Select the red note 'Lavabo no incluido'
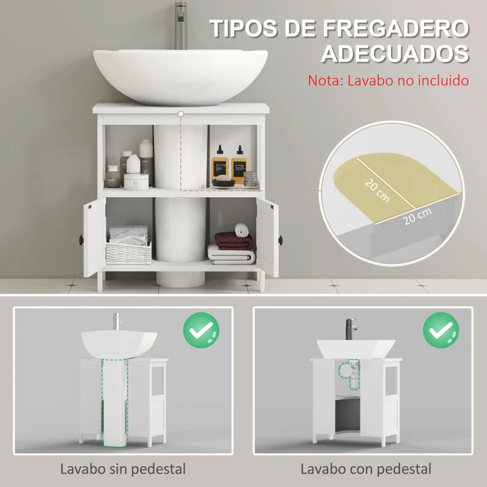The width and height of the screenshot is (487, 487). (x=388, y=80)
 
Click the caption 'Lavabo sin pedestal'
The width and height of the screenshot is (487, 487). (x=123, y=469)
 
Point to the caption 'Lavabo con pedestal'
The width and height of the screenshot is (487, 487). (x=366, y=469)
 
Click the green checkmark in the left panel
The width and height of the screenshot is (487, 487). (x=201, y=331)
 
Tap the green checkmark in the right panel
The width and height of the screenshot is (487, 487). (x=441, y=331)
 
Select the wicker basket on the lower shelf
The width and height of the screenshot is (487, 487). (x=128, y=250)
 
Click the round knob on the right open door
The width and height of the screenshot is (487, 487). (x=281, y=238)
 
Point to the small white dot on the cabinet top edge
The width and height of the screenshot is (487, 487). (x=181, y=113)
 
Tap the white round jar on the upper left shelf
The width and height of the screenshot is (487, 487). (x=136, y=181)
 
